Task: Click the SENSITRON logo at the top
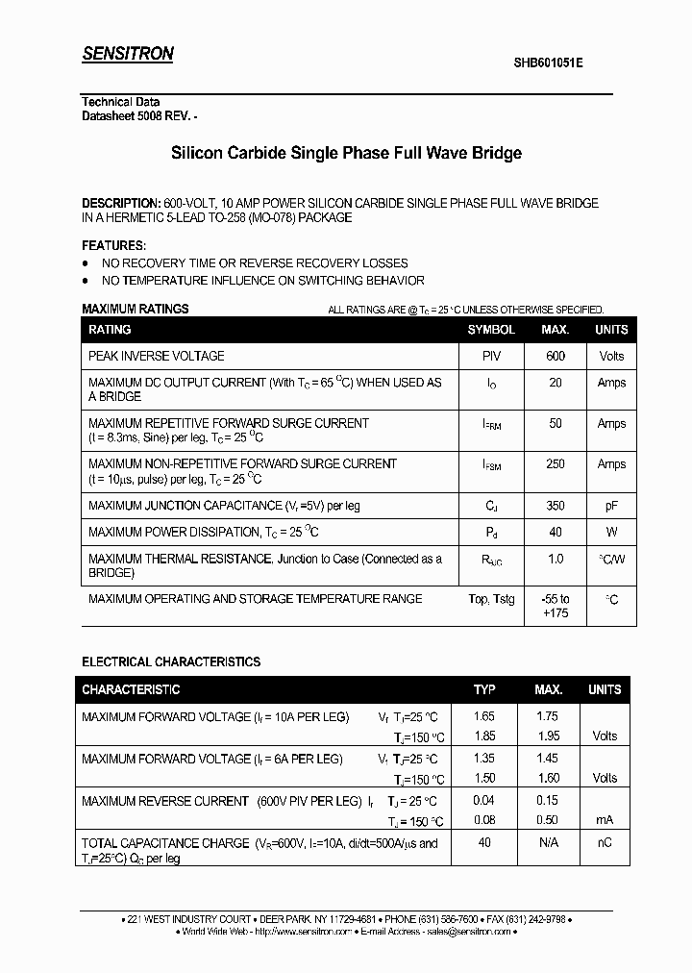(127, 54)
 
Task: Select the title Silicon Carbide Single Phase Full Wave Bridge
(346, 153)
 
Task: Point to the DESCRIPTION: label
(121, 204)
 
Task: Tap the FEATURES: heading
(114, 245)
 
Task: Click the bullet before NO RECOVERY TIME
(86, 263)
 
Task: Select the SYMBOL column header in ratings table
(491, 330)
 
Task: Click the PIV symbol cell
(491, 356)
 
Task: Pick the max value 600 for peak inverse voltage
(556, 356)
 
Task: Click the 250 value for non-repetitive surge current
(556, 464)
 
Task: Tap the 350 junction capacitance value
(556, 506)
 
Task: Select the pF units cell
(611, 506)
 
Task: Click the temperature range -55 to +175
(556, 606)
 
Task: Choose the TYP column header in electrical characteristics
(484, 689)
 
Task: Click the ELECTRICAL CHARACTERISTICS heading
(171, 662)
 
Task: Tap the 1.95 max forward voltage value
(548, 736)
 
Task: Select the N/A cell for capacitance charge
(548, 843)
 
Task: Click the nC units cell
(605, 843)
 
